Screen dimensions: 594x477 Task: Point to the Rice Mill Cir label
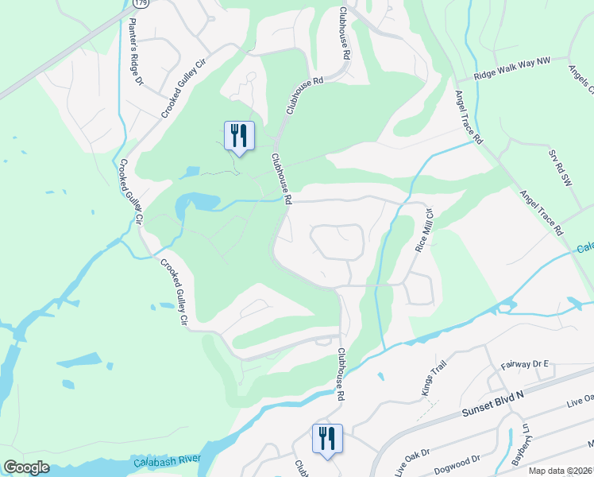pos(423,231)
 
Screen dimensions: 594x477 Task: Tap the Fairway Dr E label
pos(525,364)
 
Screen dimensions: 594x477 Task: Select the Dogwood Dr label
pos(459,459)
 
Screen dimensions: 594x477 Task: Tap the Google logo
pos(26,467)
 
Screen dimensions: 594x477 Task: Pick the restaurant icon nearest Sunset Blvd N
pos(326,440)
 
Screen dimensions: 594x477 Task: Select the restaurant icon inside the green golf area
pos(238,136)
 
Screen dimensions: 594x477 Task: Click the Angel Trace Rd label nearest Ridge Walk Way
pos(469,117)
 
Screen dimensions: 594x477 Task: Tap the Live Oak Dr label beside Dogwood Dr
pos(414,452)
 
